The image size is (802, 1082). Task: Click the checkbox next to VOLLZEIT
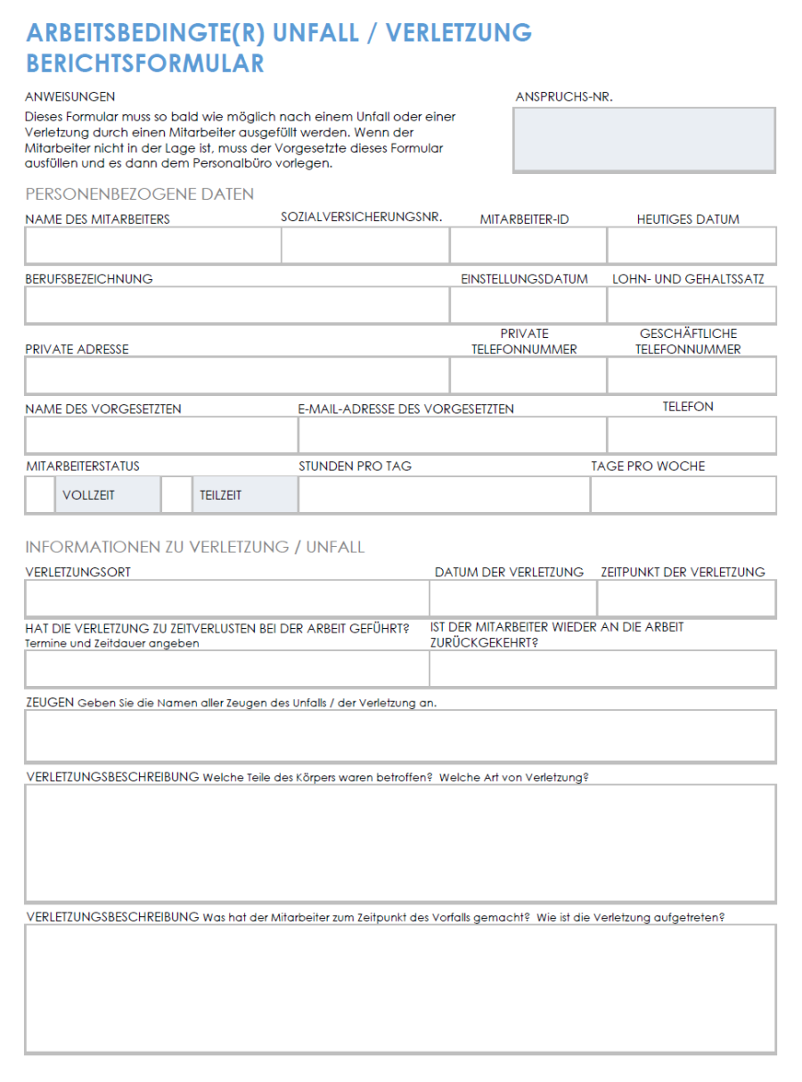pos(40,495)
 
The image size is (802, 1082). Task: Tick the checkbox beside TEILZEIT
pos(176,495)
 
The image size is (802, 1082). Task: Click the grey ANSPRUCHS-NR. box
pos(643,140)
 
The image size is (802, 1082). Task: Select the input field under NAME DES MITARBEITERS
pos(152,246)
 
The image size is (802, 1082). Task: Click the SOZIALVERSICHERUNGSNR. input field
pos(365,246)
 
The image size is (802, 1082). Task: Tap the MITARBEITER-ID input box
pos(528,246)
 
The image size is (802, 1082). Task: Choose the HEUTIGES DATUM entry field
pos(692,246)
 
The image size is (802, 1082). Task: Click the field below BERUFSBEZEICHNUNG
pos(237,306)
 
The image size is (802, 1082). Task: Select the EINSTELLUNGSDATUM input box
pos(528,306)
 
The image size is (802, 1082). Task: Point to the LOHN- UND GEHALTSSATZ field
pos(692,306)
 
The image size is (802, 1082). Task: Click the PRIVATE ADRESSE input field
pos(237,376)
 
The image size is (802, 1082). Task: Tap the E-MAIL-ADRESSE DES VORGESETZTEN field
pos(452,435)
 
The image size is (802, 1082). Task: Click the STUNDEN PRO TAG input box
pos(444,495)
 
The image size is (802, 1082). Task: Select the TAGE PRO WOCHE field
pos(683,495)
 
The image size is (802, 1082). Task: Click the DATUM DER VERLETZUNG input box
pos(512,599)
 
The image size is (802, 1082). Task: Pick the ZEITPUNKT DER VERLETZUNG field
pos(686,599)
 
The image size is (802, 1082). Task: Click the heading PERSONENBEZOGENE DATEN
pos(140,194)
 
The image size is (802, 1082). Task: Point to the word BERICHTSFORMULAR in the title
pos(145,64)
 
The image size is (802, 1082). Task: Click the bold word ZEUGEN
pos(50,703)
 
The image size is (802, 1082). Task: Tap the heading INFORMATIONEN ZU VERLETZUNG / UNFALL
pos(195,548)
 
